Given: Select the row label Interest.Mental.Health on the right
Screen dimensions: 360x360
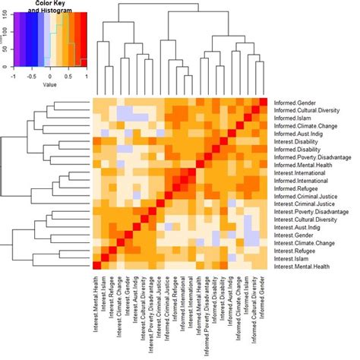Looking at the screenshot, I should [x=304, y=265].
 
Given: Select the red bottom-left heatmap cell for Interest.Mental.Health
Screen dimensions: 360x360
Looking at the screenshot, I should [x=97, y=265].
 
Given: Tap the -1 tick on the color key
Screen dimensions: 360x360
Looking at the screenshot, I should [x=14, y=77].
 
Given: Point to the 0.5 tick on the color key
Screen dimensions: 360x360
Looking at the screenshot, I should [x=68, y=77].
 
